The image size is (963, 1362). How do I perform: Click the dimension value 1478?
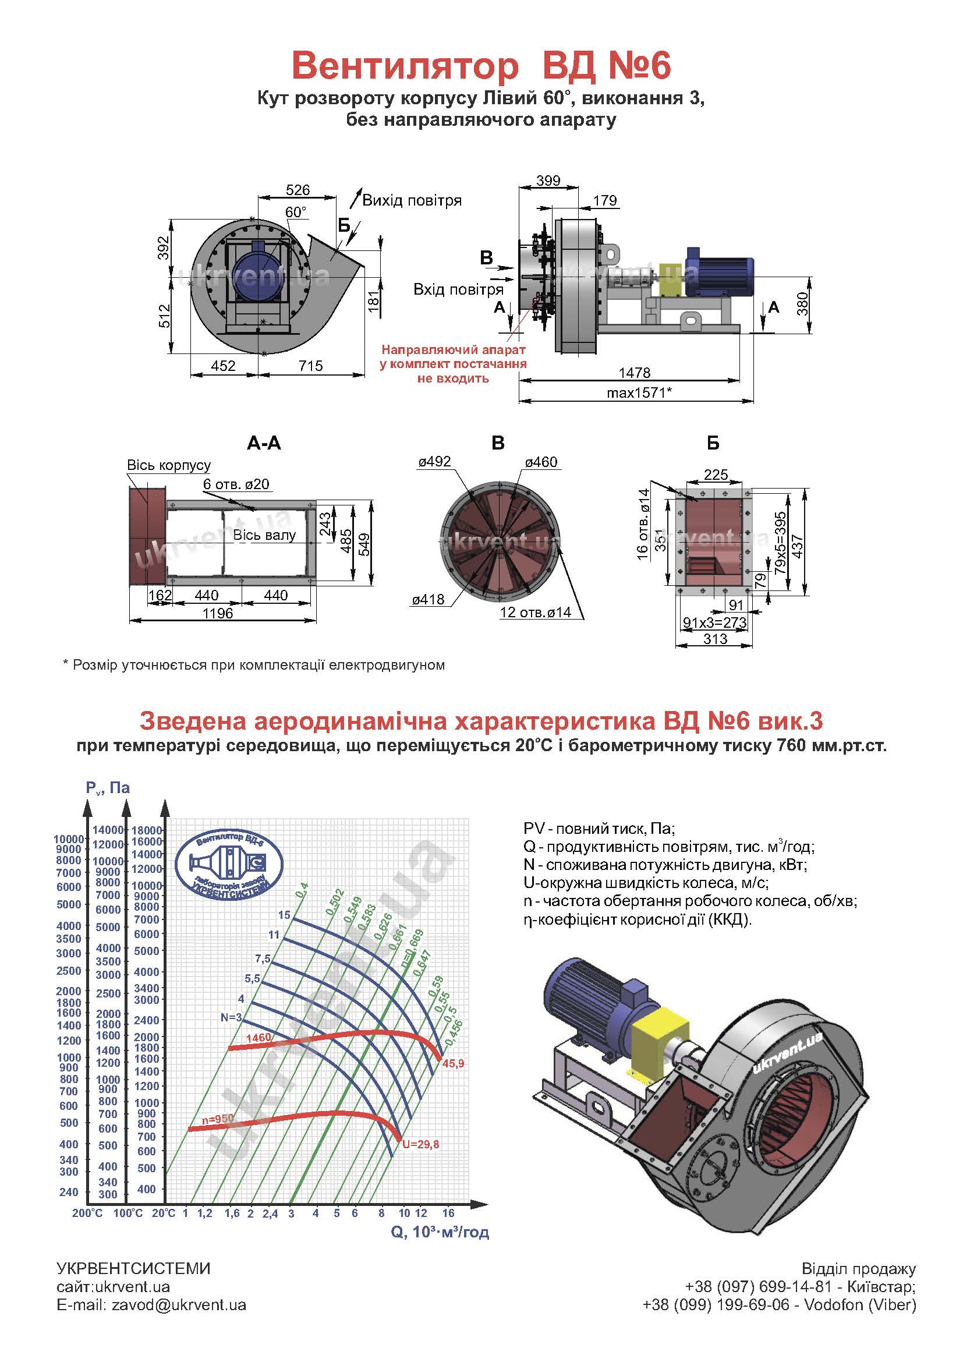[634, 373]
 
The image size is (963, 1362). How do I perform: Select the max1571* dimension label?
[639, 392]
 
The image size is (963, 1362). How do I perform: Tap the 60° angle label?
[296, 213]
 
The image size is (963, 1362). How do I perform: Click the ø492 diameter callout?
[434, 462]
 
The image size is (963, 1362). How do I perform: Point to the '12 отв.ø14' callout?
[535, 612]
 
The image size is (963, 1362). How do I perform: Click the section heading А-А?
[264, 443]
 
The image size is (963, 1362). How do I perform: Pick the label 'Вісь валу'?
[264, 535]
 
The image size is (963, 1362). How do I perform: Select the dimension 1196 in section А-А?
[218, 613]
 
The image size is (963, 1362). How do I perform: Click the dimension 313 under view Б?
[715, 639]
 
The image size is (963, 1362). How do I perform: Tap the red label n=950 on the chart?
[218, 1119]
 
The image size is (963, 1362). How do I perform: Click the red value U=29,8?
[420, 1144]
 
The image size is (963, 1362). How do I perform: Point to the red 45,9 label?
[453, 1064]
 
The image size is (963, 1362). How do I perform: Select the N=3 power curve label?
[231, 1017]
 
